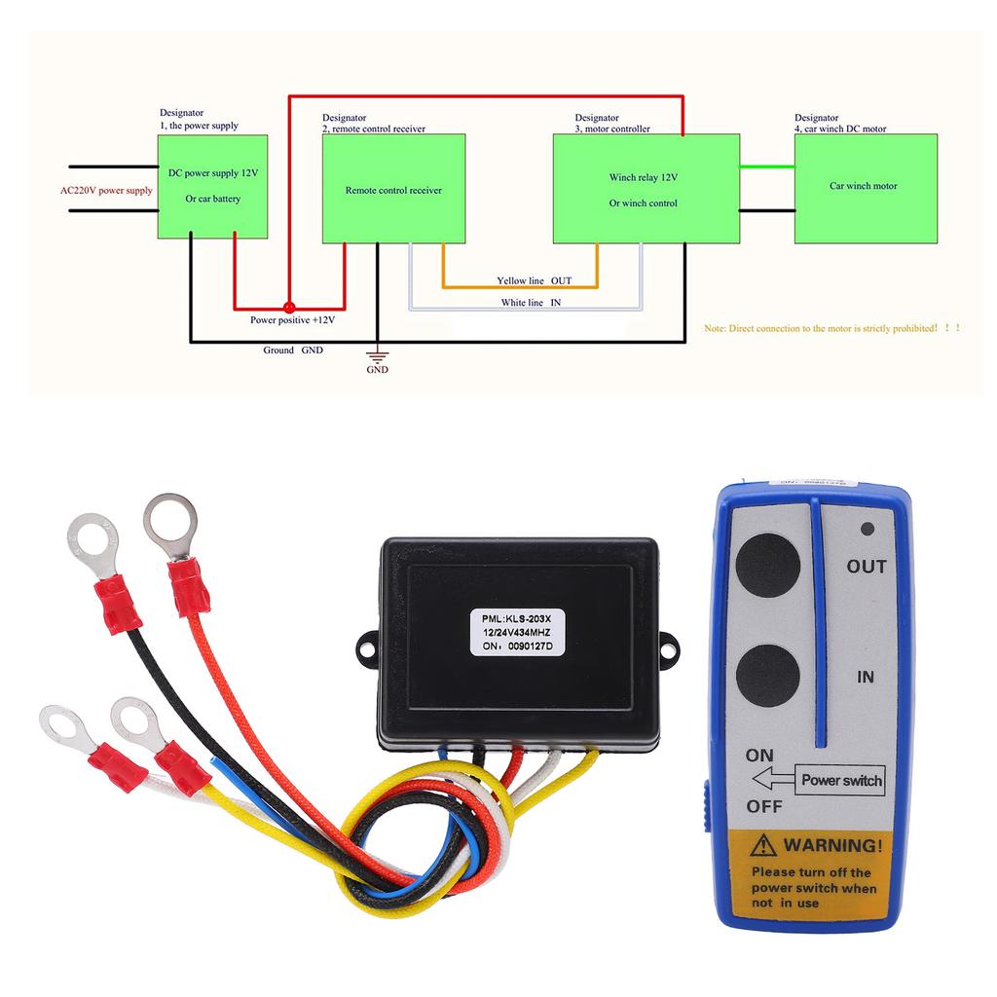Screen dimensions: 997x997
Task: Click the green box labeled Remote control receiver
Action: (393, 189)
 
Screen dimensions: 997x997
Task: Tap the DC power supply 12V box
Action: (212, 186)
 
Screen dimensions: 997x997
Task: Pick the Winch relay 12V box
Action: (643, 189)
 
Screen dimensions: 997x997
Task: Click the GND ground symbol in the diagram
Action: (377, 357)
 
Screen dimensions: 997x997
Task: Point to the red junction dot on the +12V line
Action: (288, 305)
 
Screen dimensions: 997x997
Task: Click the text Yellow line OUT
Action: (535, 280)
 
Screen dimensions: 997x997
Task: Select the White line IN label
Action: (531, 303)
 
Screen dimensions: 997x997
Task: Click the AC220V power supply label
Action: (106, 191)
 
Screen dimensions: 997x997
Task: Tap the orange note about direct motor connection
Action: (832, 329)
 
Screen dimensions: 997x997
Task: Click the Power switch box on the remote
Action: (840, 780)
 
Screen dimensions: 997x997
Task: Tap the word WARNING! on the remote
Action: (833, 845)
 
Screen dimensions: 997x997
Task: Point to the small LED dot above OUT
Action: (867, 530)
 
